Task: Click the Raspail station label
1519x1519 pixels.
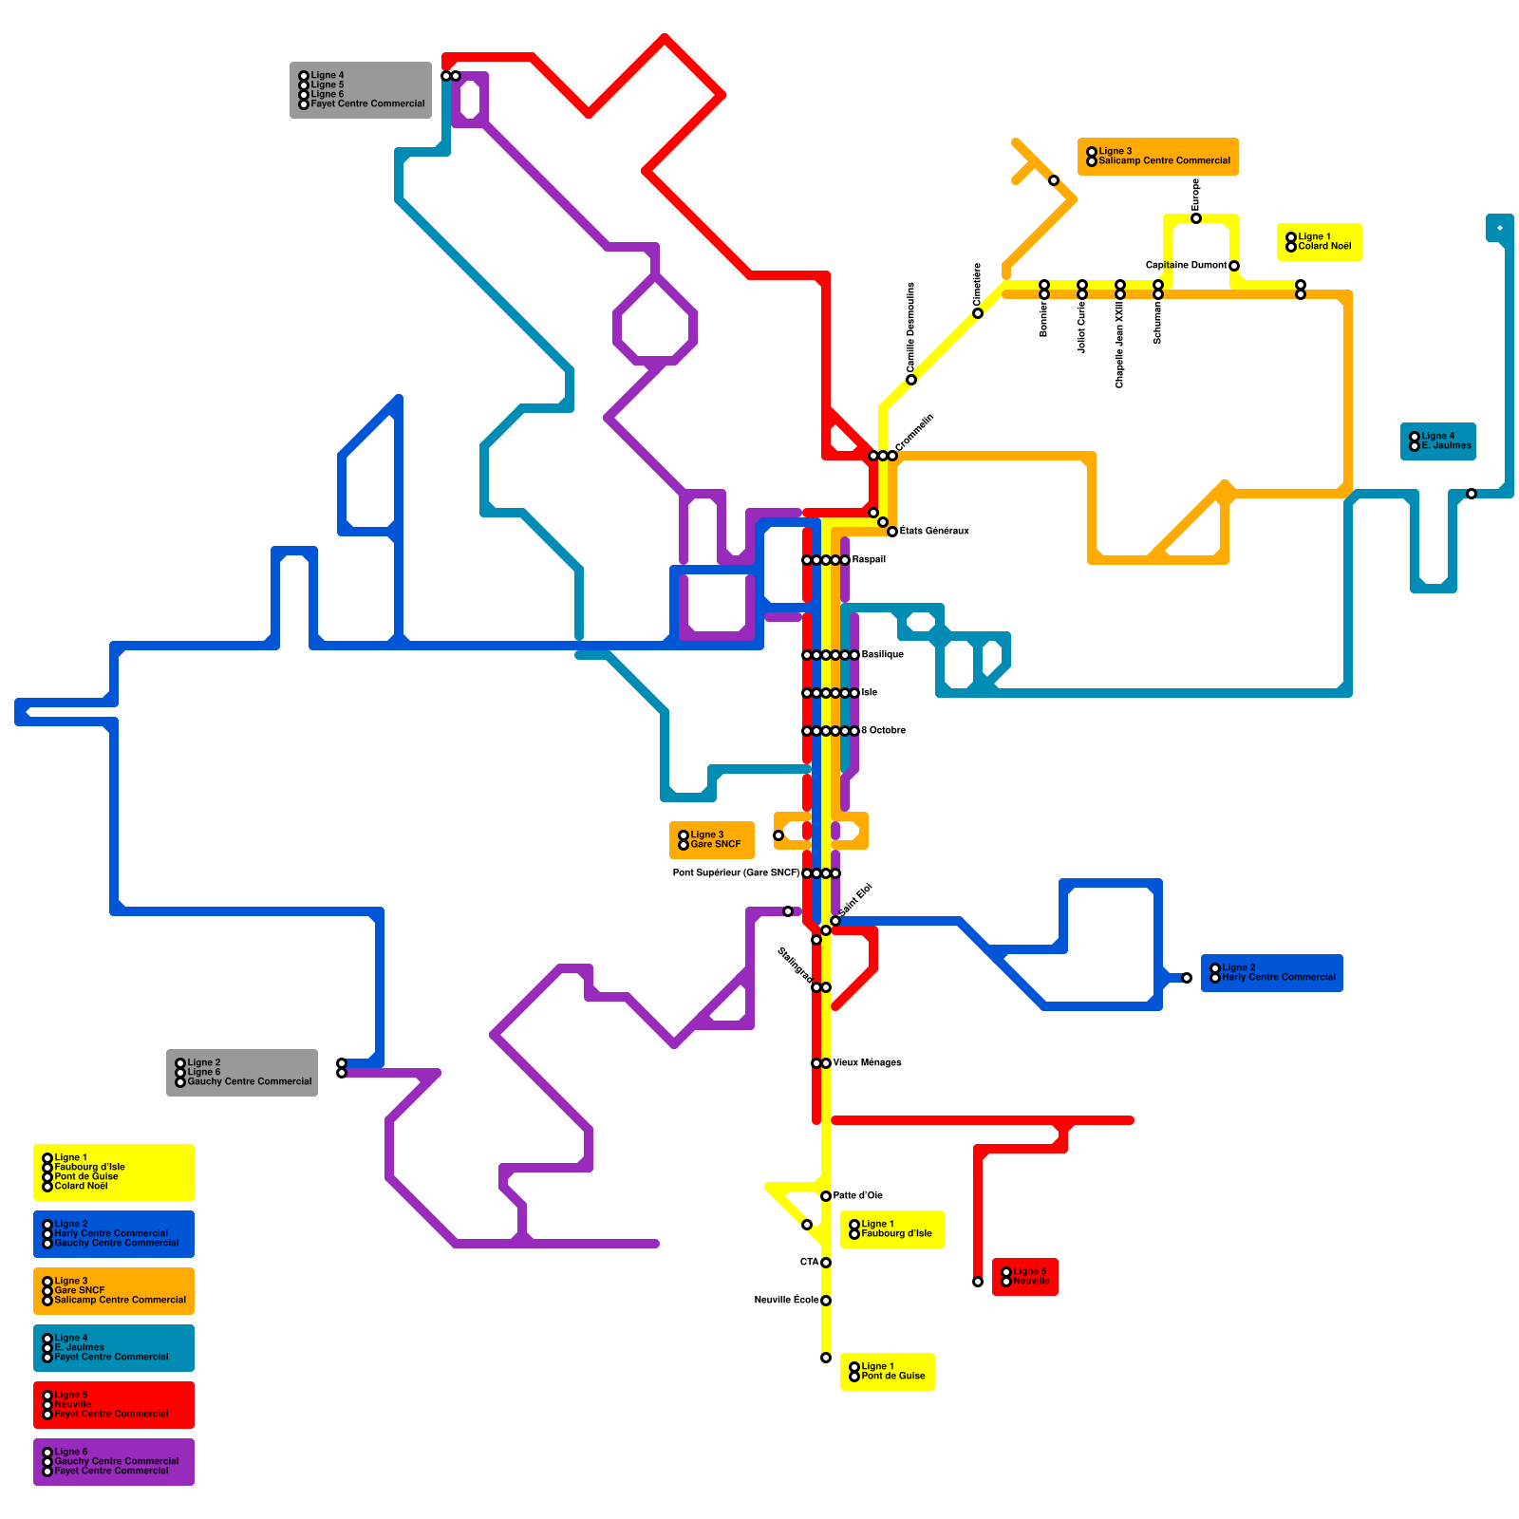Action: [x=868, y=560]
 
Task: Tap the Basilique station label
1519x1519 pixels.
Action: [x=882, y=655]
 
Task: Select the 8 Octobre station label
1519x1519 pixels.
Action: [x=883, y=731]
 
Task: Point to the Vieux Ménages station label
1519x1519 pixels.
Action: [x=867, y=1063]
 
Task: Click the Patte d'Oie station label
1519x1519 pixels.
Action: [x=857, y=1196]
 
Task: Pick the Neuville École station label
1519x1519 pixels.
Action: [x=786, y=1301]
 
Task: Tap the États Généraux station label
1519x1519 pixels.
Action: [x=934, y=532]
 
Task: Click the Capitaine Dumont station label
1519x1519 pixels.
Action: [x=1186, y=266]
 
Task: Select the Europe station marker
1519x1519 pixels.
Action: [x=1196, y=218]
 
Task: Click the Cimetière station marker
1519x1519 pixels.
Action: [x=978, y=313]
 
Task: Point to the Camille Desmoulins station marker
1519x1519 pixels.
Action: [x=911, y=380]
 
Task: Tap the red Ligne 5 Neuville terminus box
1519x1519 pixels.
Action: [x=1025, y=1277]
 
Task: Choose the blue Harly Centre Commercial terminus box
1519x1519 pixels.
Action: [x=1272, y=973]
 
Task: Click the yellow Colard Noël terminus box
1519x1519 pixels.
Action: [x=1320, y=242]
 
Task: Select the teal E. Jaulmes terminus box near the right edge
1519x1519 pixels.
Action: [x=1438, y=441]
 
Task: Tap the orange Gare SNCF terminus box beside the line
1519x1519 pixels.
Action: [x=712, y=840]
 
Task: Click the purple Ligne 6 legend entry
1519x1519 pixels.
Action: [x=114, y=1462]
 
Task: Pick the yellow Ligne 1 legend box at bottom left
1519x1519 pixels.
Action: [x=114, y=1172]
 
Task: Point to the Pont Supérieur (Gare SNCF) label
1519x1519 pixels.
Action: [x=736, y=873]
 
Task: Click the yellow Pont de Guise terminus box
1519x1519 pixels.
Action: [x=888, y=1372]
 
